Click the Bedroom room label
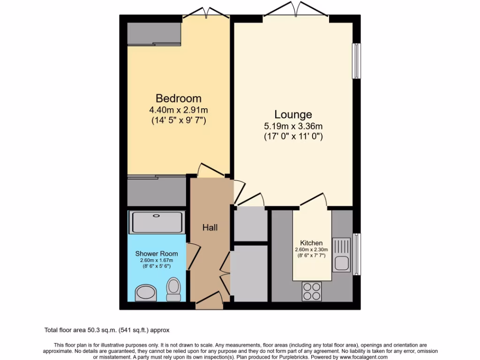[179, 98]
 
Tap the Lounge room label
[293, 114]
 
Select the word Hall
[210, 227]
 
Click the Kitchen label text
[311, 243]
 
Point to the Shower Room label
[157, 254]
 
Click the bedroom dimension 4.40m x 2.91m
[179, 110]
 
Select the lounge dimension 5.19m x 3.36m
[293, 126]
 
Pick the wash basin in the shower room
[146, 294]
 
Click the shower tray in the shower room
[157, 222]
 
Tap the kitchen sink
[341, 255]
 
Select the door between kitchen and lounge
[314, 200]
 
